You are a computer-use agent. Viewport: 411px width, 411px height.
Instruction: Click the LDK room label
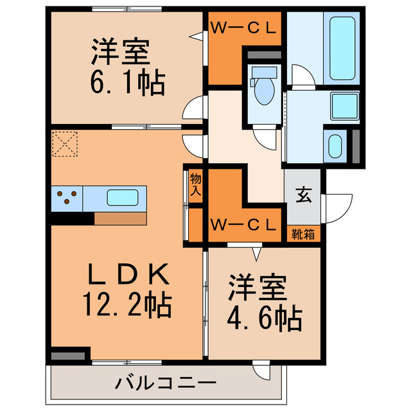point(129,275)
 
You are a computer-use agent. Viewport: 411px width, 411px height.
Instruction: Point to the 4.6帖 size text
point(264,317)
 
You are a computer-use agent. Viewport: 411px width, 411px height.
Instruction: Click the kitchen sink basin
point(122,198)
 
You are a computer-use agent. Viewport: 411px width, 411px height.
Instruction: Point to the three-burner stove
point(67,198)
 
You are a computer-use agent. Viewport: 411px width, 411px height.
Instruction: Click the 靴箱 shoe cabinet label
point(303,234)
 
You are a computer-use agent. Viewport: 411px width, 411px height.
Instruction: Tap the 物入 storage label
point(196,186)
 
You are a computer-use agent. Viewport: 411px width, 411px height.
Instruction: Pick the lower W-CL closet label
point(244,224)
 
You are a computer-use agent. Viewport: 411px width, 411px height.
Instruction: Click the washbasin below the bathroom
point(334,146)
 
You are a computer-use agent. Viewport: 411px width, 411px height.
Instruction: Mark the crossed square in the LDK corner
point(65,144)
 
